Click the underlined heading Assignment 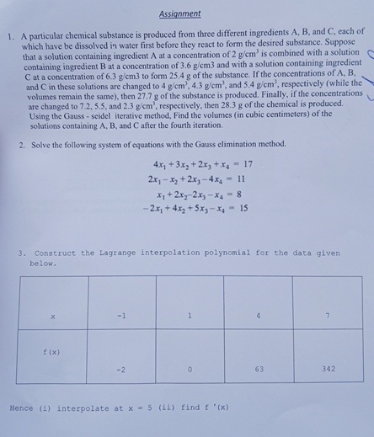click(x=179, y=13)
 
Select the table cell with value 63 click(x=258, y=369)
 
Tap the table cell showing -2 click(x=121, y=369)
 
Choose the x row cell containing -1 click(x=121, y=316)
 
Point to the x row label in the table click(x=52, y=317)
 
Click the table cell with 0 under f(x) click(x=190, y=369)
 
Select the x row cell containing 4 click(x=258, y=316)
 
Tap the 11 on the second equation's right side click(x=245, y=179)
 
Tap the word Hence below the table click(x=22, y=408)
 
